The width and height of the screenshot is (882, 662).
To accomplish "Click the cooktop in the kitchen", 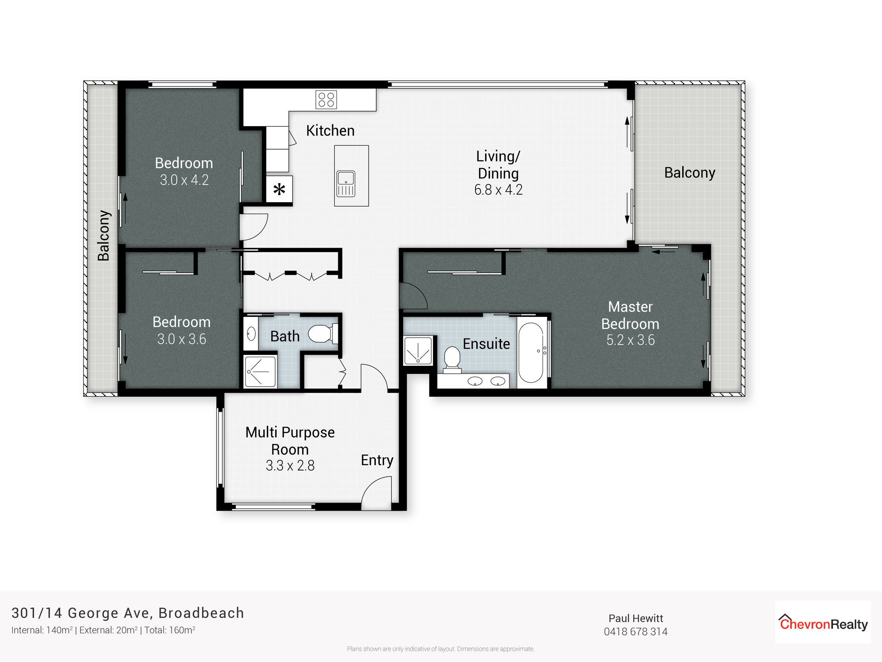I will click(326, 100).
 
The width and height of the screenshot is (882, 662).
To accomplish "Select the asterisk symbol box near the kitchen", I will click(279, 190).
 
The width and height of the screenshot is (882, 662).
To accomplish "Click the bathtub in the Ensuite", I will click(531, 353).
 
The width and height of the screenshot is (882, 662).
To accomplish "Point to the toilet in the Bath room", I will click(322, 334).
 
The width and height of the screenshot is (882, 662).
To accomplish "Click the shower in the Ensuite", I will click(418, 351).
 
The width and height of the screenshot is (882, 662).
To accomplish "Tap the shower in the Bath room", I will click(260, 372).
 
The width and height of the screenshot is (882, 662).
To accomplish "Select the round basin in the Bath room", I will click(251, 334).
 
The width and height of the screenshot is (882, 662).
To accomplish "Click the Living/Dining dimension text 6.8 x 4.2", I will click(498, 190).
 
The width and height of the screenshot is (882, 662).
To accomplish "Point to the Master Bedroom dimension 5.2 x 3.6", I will click(630, 340).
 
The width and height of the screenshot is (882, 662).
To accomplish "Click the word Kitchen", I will click(330, 131).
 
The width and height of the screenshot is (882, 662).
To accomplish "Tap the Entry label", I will click(377, 460).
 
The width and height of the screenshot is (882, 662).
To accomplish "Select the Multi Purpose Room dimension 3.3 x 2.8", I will click(290, 466).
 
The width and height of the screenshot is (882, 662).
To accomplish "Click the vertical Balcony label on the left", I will click(104, 235).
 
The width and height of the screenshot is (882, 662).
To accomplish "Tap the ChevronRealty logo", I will click(823, 622).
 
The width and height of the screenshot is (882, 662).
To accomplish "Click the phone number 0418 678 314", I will click(635, 632).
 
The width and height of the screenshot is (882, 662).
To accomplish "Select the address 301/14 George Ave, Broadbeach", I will click(127, 613).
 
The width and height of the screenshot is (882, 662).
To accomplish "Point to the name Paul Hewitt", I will click(635, 618).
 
